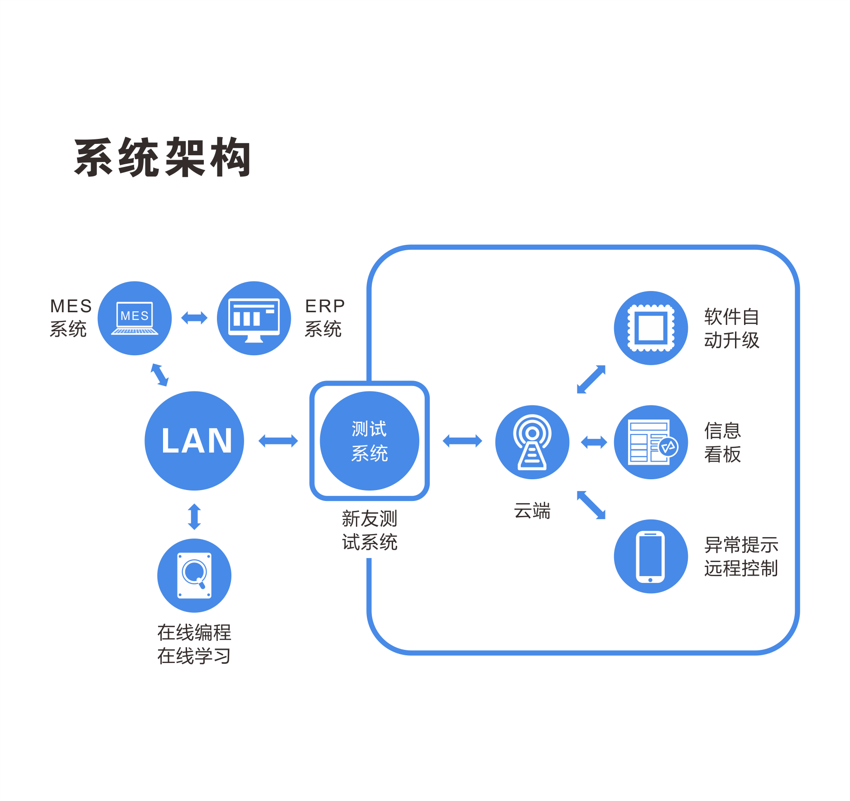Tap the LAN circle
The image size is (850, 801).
tap(194, 441)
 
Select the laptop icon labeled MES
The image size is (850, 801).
tap(134, 318)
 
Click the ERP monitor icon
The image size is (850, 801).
tap(254, 318)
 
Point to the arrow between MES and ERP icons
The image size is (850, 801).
tap(194, 318)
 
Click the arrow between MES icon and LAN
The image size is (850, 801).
tap(159, 375)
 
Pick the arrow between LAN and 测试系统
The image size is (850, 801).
tap(278, 441)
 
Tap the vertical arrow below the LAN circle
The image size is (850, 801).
tap(194, 516)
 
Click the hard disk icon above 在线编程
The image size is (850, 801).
tap(194, 575)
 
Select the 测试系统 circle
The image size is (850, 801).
tap(369, 441)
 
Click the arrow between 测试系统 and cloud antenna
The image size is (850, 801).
tap(462, 441)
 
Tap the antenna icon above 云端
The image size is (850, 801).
tap(532, 442)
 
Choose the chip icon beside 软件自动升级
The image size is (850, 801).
tap(651, 328)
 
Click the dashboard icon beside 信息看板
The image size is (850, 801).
tap(651, 442)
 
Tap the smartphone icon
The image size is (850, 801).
tap(650, 556)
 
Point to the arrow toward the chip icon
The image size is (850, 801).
tap(591, 379)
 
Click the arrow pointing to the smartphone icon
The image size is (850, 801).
tap(591, 505)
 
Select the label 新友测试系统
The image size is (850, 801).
tap(370, 530)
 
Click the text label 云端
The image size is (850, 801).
tap(532, 511)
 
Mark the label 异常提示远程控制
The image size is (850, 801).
tap(741, 557)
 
